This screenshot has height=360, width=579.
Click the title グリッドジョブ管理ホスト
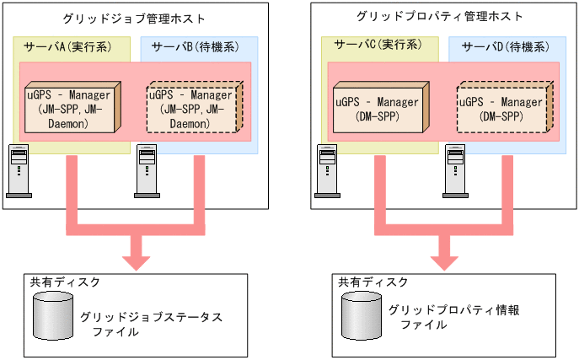tap(135, 18)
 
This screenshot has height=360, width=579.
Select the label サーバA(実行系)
tap(63, 46)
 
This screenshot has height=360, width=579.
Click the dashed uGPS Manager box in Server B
tap(192, 108)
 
